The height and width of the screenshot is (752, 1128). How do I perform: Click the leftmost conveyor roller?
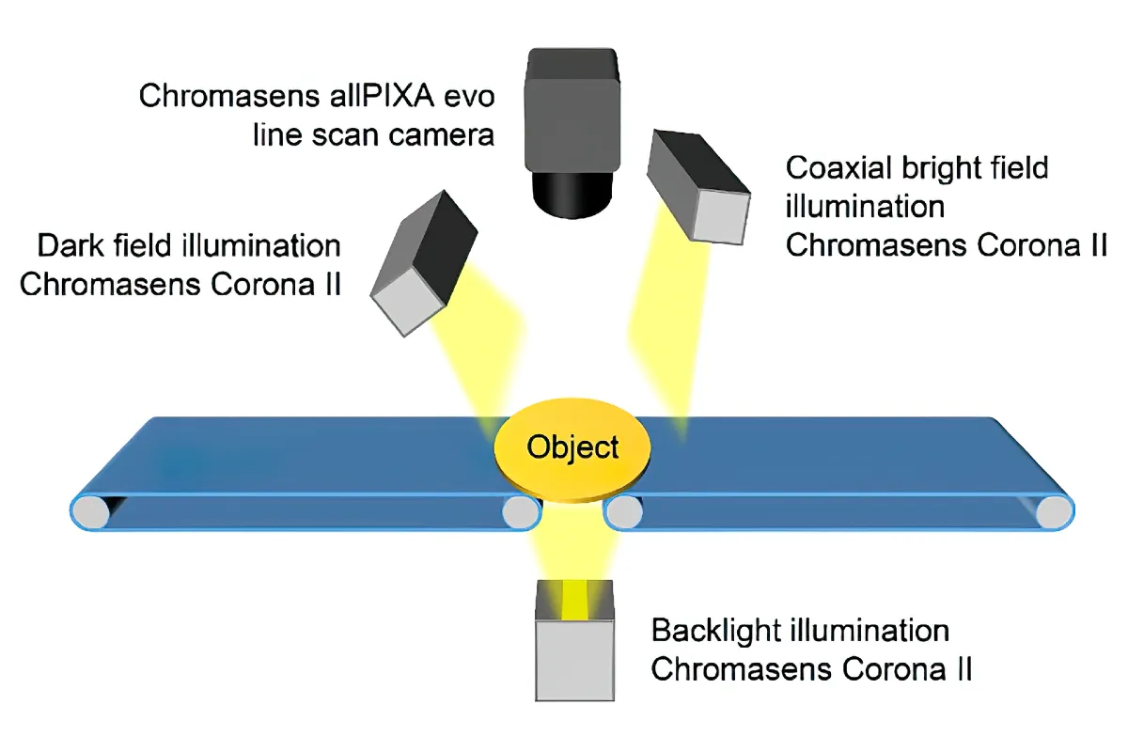click(x=91, y=512)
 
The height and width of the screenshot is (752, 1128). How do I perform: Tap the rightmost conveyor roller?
click(x=1054, y=512)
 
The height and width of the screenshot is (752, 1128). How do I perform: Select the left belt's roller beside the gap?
click(x=520, y=512)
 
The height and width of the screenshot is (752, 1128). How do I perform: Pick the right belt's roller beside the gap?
click(x=625, y=512)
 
